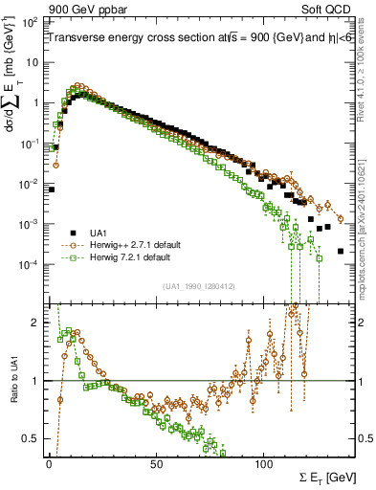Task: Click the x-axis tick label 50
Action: point(156,464)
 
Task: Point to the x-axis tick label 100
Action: point(264,464)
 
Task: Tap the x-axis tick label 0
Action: point(49,464)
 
